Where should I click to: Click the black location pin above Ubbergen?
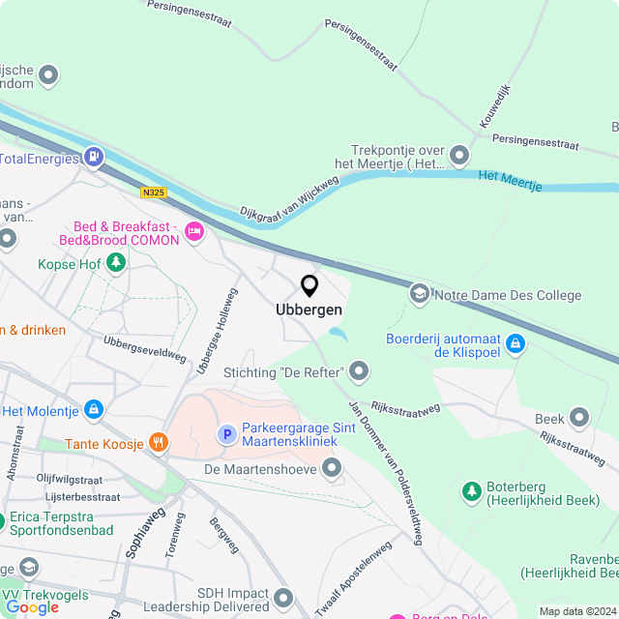[309, 285]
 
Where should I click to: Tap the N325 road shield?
[153, 192]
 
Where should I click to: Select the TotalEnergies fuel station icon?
[94, 156]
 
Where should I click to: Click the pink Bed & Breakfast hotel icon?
[193, 230]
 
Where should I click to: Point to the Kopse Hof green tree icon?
[115, 262]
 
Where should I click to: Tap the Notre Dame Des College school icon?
[420, 293]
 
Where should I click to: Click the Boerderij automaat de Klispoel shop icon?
[516, 343]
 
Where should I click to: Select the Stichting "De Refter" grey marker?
[360, 370]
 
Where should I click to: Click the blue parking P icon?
[226, 434]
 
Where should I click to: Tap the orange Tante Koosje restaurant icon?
[159, 443]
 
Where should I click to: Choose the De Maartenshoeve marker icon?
[333, 469]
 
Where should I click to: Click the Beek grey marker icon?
[579, 418]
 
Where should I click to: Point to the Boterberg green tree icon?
[471, 491]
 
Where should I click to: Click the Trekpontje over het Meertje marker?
[458, 155]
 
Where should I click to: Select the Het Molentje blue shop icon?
[94, 410]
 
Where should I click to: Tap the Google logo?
[32, 606]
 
